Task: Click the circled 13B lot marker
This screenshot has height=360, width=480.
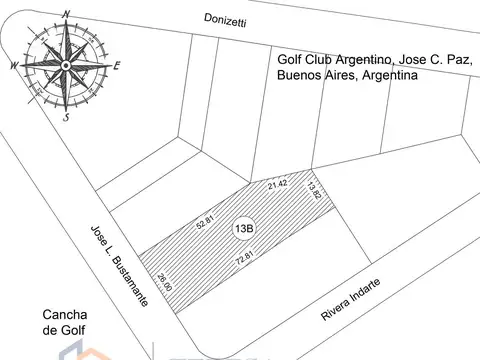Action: tap(244, 229)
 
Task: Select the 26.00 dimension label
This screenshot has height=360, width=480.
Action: tap(165, 283)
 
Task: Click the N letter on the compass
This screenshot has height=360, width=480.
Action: tap(66, 13)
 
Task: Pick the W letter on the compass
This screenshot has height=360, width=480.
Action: tap(14, 66)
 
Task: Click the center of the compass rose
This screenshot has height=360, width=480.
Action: tap(66, 65)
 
